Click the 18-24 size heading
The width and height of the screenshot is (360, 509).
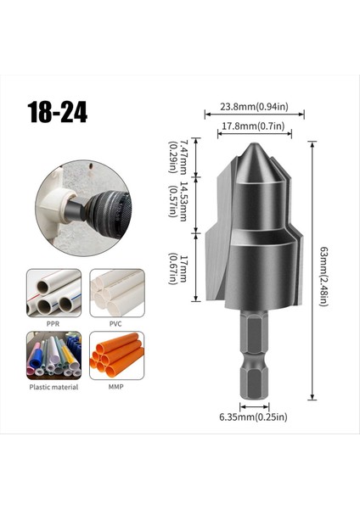(x=58, y=113)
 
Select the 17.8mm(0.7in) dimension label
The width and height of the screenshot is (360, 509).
(x=247, y=126)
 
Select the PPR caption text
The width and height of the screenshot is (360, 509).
(x=53, y=322)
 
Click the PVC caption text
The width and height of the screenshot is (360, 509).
(x=116, y=322)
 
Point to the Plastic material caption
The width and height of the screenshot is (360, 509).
(x=53, y=387)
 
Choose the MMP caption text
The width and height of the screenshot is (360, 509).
(x=116, y=387)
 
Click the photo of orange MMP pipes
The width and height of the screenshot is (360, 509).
(x=116, y=355)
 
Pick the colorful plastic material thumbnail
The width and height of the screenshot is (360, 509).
(x=53, y=355)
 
